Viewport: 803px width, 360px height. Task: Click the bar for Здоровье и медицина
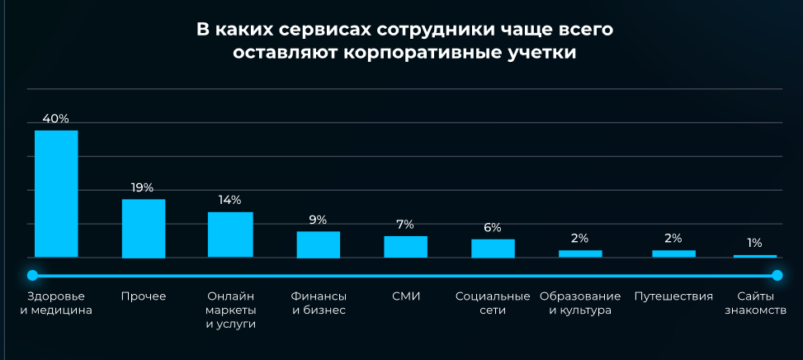tap(56, 193)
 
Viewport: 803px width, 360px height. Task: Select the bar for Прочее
tap(144, 228)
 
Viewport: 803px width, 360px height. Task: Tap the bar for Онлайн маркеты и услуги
tap(230, 234)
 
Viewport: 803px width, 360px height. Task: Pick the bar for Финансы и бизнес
tap(319, 244)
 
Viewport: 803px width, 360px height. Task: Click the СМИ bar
tap(405, 247)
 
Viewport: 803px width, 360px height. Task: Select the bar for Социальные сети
tap(493, 249)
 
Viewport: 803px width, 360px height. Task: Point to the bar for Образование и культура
tap(580, 253)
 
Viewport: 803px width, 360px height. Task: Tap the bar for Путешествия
tap(673, 253)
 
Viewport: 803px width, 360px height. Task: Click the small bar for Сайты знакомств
tap(755, 256)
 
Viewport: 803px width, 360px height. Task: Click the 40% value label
tap(55, 119)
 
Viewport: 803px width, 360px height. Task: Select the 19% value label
tap(143, 187)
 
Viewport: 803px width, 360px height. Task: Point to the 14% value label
tap(229, 200)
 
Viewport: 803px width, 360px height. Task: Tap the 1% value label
tap(754, 243)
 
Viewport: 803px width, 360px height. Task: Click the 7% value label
tap(405, 224)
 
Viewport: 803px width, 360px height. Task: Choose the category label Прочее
tap(144, 296)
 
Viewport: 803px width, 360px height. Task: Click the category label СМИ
tap(405, 296)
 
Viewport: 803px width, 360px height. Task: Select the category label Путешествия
tap(673, 296)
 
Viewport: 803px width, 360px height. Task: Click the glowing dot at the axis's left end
tap(32, 274)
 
